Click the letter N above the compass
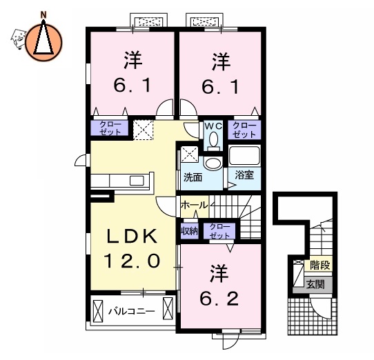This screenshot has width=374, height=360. tap(43, 15)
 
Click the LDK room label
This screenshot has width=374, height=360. tap(132, 237)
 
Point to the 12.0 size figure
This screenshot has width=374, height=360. tap(132, 261)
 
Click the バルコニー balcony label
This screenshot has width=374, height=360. tap(132, 311)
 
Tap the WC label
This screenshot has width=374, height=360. tap(213, 126)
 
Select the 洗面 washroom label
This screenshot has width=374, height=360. tap(193, 177)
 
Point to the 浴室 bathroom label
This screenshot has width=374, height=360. tap(244, 175)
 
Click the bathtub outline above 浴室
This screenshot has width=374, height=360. tap(244, 155)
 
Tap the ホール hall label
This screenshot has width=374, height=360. tap(194, 205)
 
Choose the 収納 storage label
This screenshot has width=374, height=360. tap(190, 231)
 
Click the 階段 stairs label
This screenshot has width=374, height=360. tap(320, 265)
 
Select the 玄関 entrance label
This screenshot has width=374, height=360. tap(315, 284)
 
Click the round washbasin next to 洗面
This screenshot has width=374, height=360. tap(213, 163)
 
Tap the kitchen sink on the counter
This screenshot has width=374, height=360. tap(137, 181)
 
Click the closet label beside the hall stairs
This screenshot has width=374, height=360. tap(219, 231)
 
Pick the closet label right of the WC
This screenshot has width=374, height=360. tap(244, 130)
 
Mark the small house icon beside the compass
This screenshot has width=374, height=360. tap(18, 38)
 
